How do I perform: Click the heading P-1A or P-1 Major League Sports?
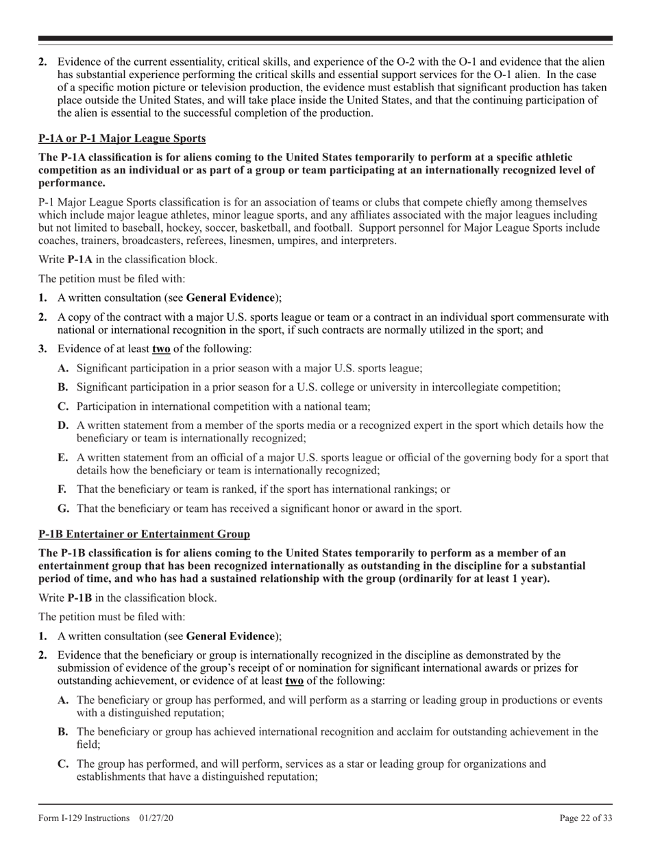coord(121,138)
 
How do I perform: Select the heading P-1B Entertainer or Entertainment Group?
coord(144,533)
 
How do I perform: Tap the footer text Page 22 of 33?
coord(586,818)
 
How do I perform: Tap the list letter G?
coord(63,509)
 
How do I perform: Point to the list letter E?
coord(63,458)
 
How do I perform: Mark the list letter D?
coord(63,426)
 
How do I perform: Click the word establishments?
coord(113,777)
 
